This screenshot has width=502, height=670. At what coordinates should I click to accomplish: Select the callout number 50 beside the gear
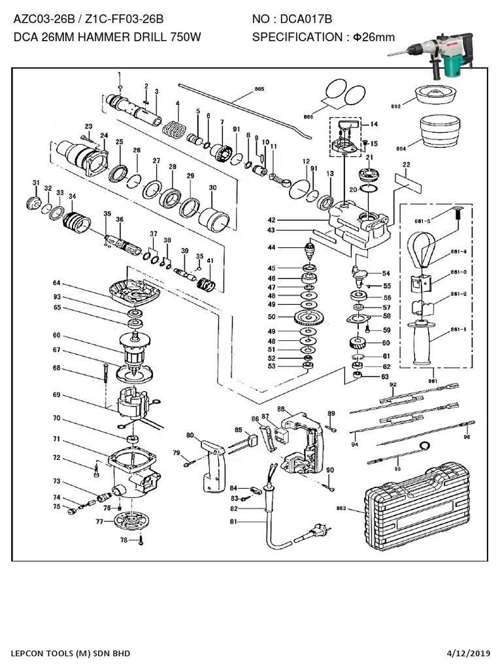271,317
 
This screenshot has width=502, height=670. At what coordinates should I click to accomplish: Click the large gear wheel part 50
305,318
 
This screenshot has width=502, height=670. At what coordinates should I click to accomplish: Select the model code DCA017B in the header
308,22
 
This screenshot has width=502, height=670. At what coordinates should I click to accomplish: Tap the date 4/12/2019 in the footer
470,653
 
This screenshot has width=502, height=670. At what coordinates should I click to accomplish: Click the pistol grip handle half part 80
209,465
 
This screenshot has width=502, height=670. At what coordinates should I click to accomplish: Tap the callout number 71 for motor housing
57,439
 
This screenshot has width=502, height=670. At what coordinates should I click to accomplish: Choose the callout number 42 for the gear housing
271,220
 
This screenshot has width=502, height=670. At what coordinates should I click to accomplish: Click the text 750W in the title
185,37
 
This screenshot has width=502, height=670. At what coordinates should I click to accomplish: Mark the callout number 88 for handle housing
281,409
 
